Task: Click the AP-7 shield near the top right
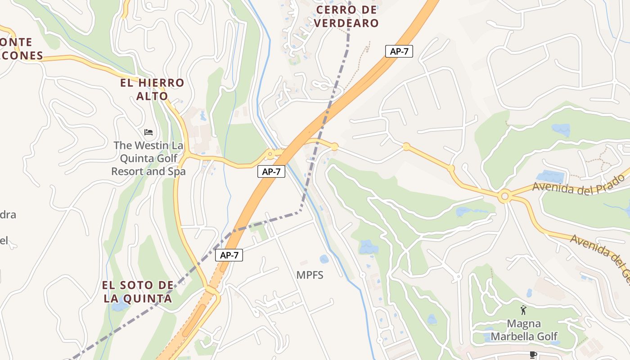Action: click(x=399, y=51)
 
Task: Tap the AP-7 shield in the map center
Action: click(x=271, y=171)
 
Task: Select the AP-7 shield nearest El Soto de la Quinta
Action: click(x=229, y=255)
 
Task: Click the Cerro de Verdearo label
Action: click(x=346, y=17)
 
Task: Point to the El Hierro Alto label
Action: click(x=152, y=89)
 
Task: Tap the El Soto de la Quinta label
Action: click(x=138, y=292)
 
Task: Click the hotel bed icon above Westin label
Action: click(x=148, y=132)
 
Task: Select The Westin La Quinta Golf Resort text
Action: click(x=148, y=158)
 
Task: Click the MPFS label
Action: click(x=310, y=275)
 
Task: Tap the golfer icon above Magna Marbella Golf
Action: click(x=523, y=310)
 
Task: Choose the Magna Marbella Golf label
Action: click(x=524, y=330)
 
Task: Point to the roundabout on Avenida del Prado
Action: click(x=504, y=197)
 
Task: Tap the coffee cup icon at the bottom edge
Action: click(x=533, y=355)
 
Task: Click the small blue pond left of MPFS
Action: click(x=324, y=259)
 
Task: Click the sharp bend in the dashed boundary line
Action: click(x=300, y=211)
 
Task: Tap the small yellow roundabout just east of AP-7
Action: click(x=334, y=147)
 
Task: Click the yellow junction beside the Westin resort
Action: click(x=186, y=156)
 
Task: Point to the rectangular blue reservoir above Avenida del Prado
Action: click(x=549, y=176)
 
